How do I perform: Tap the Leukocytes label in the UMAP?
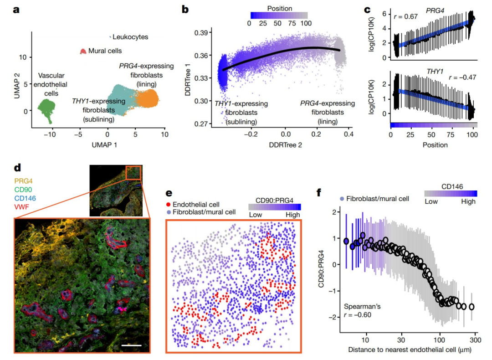(130, 37)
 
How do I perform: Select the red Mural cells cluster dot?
(83, 51)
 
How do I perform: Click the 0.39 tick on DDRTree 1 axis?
(202, 33)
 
